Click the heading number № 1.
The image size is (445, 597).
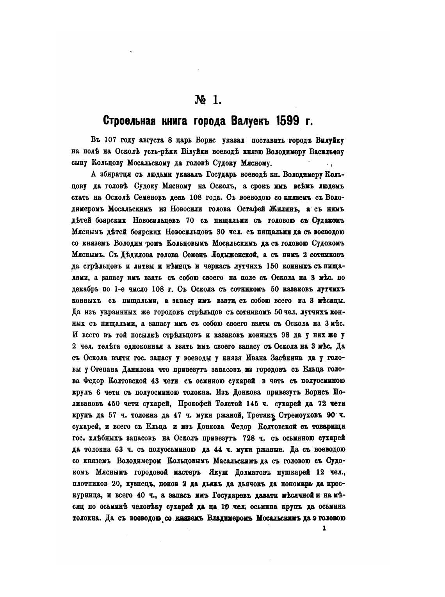(x=208, y=100)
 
